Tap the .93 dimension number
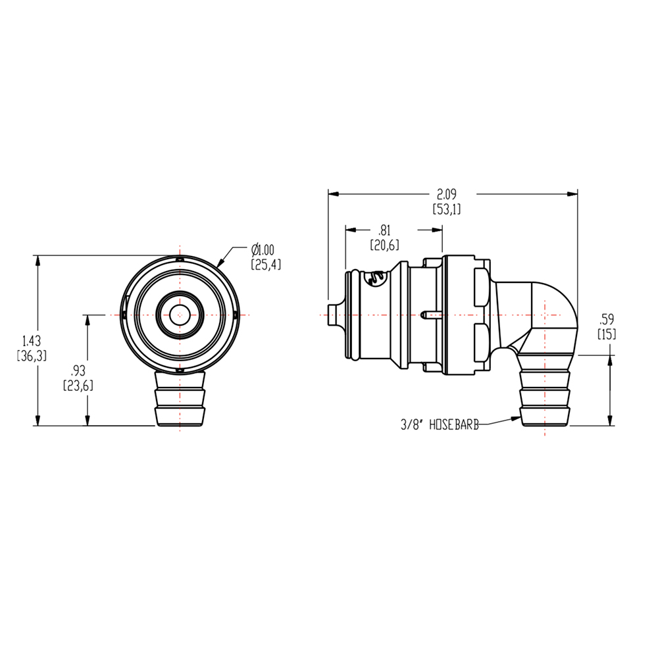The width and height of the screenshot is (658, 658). tap(78, 370)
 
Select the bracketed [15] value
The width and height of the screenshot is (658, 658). tap(606, 334)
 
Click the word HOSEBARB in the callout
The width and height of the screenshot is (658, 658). tap(453, 426)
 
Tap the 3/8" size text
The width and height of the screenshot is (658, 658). tap(412, 426)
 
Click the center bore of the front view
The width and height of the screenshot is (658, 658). tap(178, 315)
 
